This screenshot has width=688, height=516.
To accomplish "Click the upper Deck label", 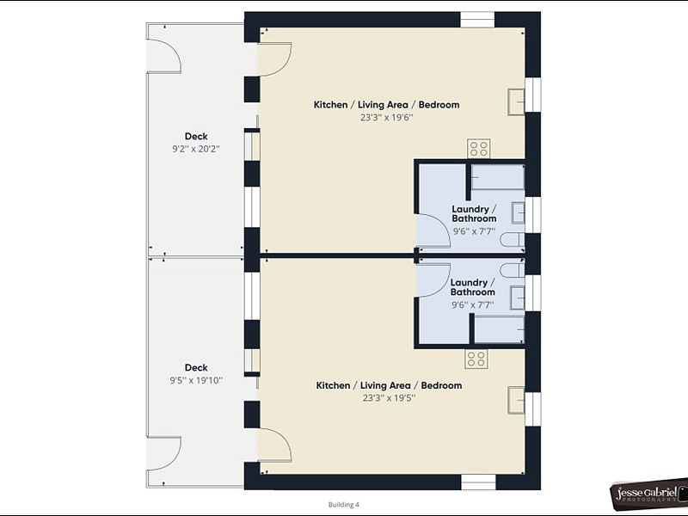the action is click(x=196, y=137).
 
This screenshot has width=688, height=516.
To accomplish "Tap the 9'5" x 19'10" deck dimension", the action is click(x=196, y=380).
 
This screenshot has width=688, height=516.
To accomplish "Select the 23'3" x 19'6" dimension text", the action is click(x=386, y=118).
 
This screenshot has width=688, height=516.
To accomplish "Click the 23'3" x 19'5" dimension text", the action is click(x=390, y=398).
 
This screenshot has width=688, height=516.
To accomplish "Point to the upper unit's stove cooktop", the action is click(x=479, y=148).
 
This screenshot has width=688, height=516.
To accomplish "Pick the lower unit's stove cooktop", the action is click(x=476, y=359).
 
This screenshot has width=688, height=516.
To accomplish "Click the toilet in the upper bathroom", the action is click(x=513, y=240).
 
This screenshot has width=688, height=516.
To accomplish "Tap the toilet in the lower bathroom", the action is click(x=513, y=270).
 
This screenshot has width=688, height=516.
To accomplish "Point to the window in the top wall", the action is click(x=477, y=20).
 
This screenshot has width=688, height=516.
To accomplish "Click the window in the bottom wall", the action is click(x=478, y=482).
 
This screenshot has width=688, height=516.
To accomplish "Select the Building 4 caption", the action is click(x=343, y=505).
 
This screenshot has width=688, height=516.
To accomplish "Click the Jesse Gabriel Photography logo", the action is click(x=649, y=494).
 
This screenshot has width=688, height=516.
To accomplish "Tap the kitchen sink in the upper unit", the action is click(x=517, y=102).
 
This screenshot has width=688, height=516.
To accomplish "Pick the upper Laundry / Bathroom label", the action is click(x=475, y=213).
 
